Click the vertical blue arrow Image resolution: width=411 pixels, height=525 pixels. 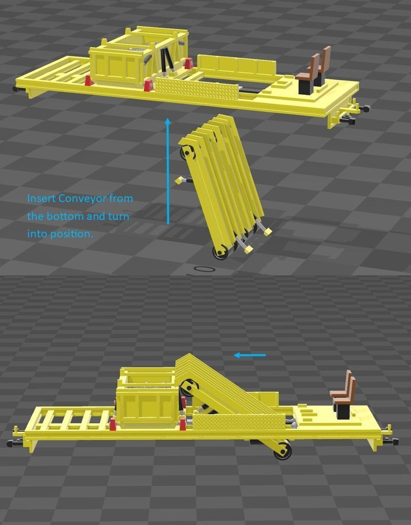(x=167, y=172)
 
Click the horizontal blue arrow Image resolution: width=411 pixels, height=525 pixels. (x=250, y=355)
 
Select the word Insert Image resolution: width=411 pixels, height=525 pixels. (x=41, y=198)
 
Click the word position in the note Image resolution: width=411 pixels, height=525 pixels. (x=71, y=234)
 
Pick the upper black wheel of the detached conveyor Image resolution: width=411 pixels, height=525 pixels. (x=187, y=153)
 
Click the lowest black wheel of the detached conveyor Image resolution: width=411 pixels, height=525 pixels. (x=221, y=252)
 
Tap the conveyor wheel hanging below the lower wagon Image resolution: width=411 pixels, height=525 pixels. (x=283, y=451)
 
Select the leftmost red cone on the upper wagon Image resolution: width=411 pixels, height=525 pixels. (x=88, y=80)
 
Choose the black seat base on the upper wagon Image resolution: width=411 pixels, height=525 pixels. (x=306, y=87)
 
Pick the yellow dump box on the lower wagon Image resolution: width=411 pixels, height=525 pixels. (x=147, y=405)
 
